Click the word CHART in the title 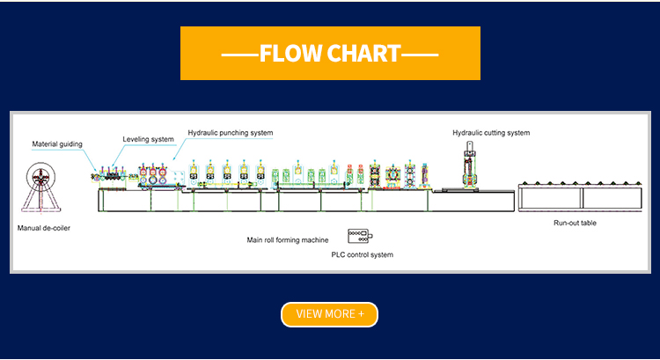pyautogui.click(x=363, y=54)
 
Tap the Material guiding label pyautogui.click(x=57, y=143)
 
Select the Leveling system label pyautogui.click(x=148, y=138)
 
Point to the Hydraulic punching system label pyautogui.click(x=231, y=133)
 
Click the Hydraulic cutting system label pyautogui.click(x=491, y=133)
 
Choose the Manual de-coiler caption pyautogui.click(x=43, y=227)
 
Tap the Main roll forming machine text pyautogui.click(x=288, y=239)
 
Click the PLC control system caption pyautogui.click(x=362, y=254)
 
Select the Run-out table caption pyautogui.click(x=575, y=223)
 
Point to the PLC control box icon pyautogui.click(x=360, y=236)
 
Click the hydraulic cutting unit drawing pyautogui.click(x=470, y=166)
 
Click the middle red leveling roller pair pyautogui.click(x=152, y=176)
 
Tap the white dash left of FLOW pyautogui.click(x=239, y=55)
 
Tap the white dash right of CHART pyautogui.click(x=419, y=55)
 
